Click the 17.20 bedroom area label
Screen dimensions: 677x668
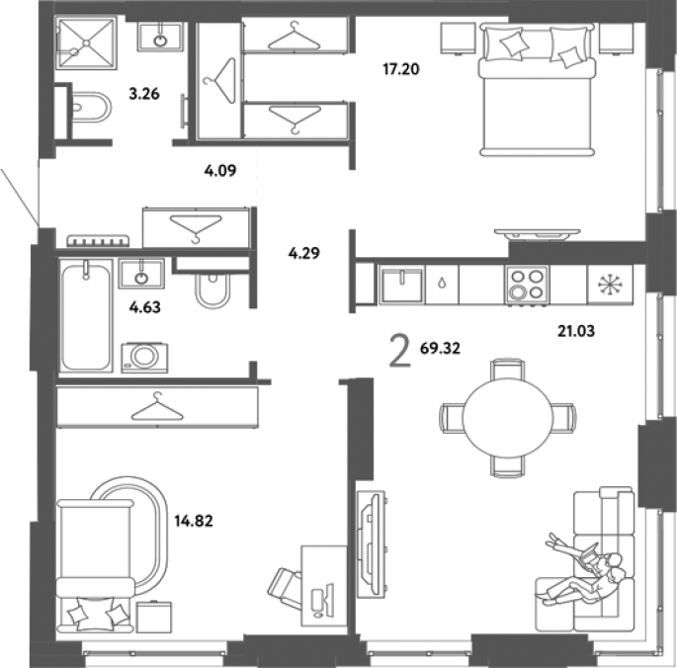click(401, 69)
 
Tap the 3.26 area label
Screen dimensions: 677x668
click(144, 93)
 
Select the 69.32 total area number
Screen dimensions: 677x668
click(440, 348)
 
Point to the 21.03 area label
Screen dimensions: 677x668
click(576, 331)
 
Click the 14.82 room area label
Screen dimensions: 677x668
click(194, 521)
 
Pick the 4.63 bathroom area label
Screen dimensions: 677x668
click(145, 307)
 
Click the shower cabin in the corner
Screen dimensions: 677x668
click(86, 42)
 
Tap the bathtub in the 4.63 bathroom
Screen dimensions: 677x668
click(86, 315)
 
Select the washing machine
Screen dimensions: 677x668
click(144, 358)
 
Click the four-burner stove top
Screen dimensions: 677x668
click(527, 285)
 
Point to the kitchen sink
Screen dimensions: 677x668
click(401, 286)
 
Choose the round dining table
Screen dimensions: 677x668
click(508, 417)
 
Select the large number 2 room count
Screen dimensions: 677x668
click(400, 352)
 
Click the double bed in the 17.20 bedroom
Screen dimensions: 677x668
click(537, 90)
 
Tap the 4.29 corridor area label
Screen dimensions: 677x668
click(304, 253)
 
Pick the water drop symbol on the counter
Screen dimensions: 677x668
click(442, 284)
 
